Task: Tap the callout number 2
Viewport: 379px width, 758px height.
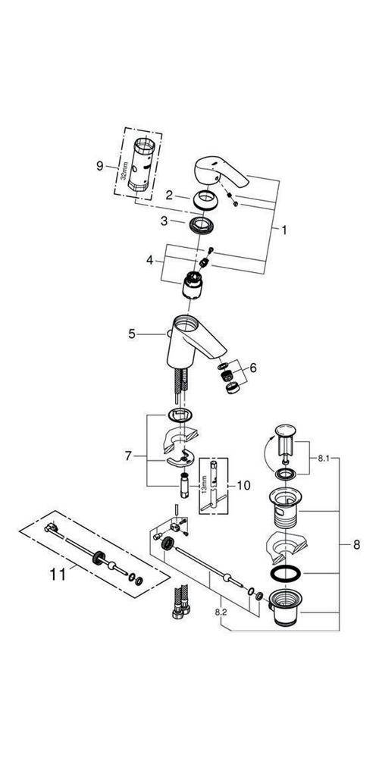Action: pos(171,196)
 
